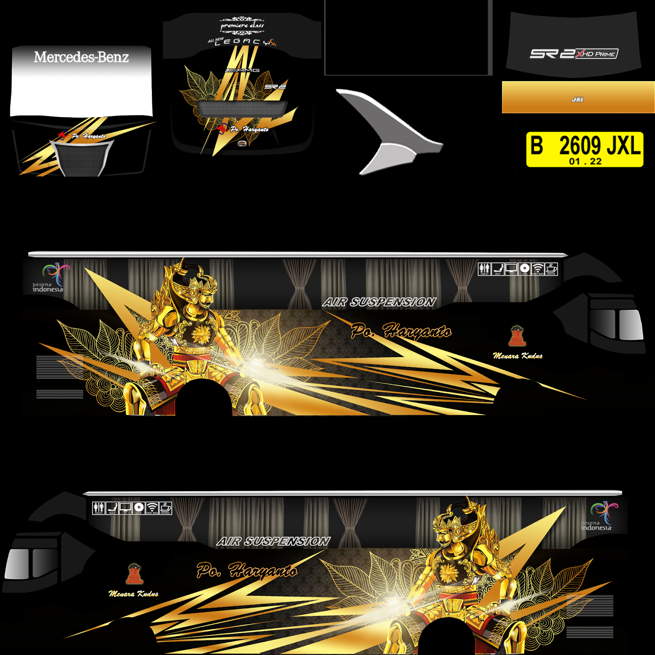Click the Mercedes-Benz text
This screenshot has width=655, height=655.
pos(81,57)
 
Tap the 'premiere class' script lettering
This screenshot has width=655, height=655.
pos(242,26)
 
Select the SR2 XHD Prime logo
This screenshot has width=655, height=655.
pos(574,54)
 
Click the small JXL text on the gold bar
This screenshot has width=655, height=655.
pos(577,99)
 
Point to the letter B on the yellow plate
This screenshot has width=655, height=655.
pos(537,145)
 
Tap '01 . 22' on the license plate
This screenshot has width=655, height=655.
pos(585,161)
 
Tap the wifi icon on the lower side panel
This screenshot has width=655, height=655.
pos(152,508)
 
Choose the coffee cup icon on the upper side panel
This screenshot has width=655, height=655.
pos(551,269)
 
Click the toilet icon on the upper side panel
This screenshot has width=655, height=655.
pos(484,269)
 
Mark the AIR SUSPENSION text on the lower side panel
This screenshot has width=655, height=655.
pos(273,541)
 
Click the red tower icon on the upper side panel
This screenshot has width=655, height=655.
pos(517,336)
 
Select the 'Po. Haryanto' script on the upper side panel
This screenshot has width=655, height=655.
pos(401,331)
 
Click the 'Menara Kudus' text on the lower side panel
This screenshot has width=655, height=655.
pos(133,594)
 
